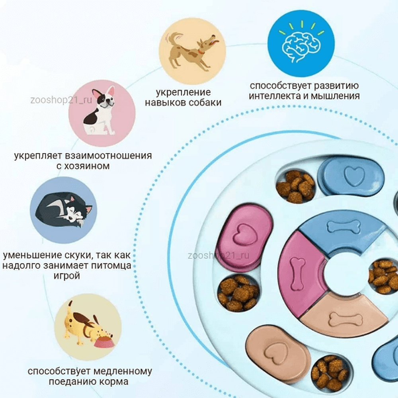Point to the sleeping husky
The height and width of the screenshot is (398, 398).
pyautogui.click(x=64, y=210)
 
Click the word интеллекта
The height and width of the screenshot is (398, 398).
pyautogui.click(x=275, y=96)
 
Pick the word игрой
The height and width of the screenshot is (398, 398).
pyautogui.click(x=67, y=276)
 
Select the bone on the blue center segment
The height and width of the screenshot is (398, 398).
pyautogui.click(x=344, y=227)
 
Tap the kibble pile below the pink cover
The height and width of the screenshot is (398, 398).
pyautogui.click(x=238, y=293)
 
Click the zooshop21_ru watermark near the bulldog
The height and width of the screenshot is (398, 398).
pyautogui.click(x=61, y=100)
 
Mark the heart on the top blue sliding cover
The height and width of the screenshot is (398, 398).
pyautogui.click(x=354, y=176)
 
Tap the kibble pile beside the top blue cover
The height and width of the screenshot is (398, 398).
pyautogui.click(x=296, y=187)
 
